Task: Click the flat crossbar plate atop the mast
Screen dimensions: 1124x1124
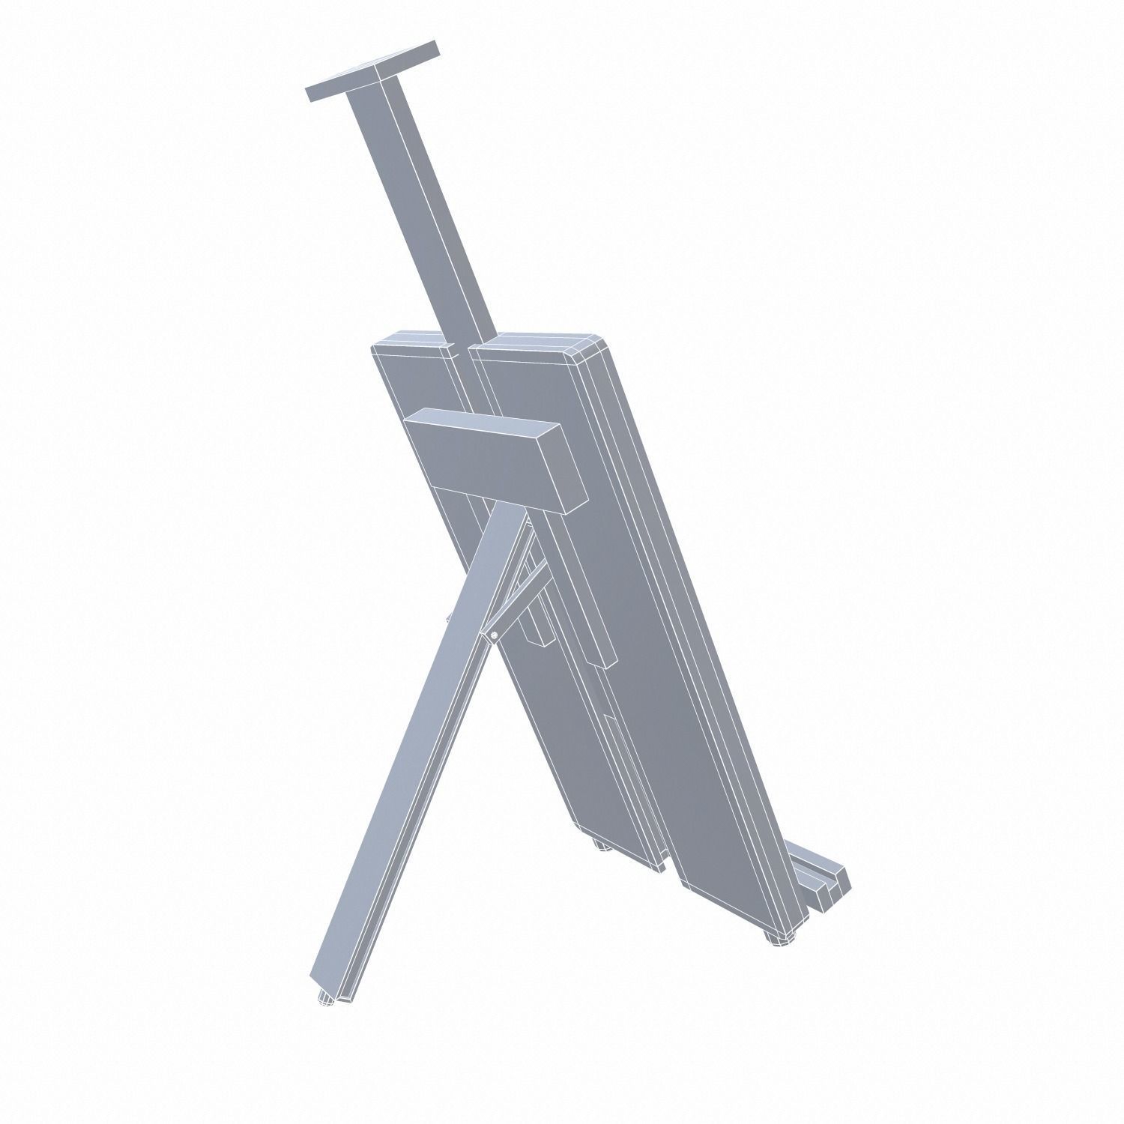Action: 372,72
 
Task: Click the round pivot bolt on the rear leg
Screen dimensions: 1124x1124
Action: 495,635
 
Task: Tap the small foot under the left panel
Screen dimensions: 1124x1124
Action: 599,847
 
